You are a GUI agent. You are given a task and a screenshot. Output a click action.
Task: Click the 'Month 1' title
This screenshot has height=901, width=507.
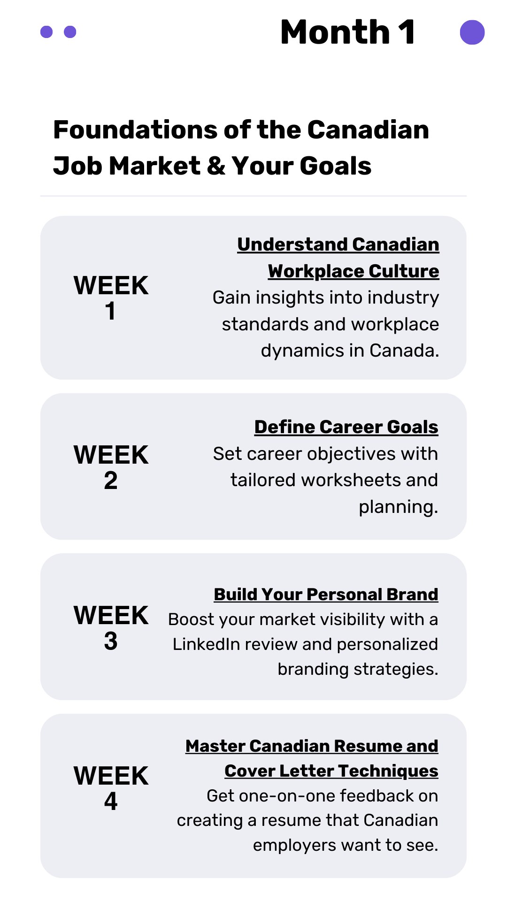[x=348, y=32]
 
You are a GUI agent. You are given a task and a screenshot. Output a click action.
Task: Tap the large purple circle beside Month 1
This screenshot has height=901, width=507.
[x=472, y=32]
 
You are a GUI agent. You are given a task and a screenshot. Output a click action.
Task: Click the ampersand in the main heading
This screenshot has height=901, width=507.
[x=216, y=166]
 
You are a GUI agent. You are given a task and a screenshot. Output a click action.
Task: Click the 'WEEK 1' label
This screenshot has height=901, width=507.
[x=111, y=298]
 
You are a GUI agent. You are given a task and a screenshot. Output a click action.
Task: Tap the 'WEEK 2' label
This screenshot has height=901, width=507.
[x=111, y=467]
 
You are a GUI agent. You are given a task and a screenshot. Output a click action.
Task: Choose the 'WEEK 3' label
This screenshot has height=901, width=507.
[x=111, y=628]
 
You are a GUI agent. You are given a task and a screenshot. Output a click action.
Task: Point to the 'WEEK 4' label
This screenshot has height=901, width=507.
[x=111, y=788]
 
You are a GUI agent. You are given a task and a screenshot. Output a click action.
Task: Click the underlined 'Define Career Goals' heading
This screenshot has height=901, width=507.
[x=346, y=427]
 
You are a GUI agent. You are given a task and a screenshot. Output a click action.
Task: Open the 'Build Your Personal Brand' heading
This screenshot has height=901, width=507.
[x=326, y=595]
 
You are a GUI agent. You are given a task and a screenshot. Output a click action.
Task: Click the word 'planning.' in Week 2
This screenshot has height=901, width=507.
[x=398, y=507]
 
